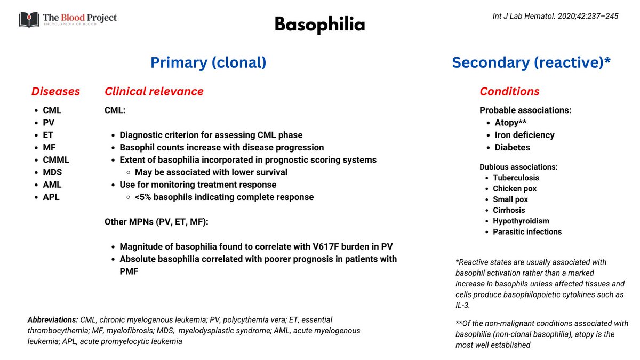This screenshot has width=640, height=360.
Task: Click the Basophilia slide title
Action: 319,25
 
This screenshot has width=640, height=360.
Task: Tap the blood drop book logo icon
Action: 28,19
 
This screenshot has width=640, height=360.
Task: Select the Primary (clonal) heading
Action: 208,62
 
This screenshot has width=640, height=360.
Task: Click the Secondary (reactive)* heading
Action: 531,62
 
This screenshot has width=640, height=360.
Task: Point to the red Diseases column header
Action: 55,91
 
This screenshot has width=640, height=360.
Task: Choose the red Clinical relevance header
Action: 154,91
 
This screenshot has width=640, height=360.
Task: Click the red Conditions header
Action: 509,91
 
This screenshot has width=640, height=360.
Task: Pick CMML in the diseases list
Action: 56,159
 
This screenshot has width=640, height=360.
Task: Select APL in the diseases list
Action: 52,197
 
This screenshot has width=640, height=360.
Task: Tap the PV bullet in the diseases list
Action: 49,123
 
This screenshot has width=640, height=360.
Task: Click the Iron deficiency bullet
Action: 524,135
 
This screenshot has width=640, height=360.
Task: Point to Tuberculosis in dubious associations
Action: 516,178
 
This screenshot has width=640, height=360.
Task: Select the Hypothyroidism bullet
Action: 521,221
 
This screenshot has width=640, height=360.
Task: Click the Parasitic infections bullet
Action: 527,231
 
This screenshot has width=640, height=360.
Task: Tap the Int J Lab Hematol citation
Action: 555,16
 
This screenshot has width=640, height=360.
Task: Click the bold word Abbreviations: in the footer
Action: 52,320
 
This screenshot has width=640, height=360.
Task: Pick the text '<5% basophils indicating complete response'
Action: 224,197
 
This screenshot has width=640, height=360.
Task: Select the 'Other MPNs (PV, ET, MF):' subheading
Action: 156,221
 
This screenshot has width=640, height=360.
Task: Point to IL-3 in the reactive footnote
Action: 463,306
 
